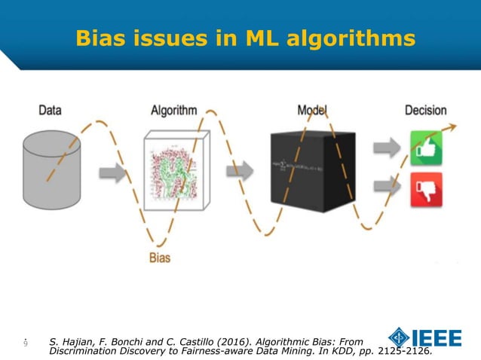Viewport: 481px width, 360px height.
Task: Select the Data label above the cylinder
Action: [x=50, y=111]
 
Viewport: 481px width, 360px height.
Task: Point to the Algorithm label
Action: [x=174, y=111]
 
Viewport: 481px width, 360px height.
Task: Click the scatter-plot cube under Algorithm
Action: [x=174, y=170]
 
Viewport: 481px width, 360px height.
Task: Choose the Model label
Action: [x=312, y=111]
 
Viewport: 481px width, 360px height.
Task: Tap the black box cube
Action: [x=312, y=172]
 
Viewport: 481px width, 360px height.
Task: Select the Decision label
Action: [x=425, y=111]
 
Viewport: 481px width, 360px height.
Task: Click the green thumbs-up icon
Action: [x=426, y=148]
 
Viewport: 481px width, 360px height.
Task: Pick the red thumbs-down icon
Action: [x=426, y=188]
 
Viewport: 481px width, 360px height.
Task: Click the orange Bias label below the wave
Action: [x=158, y=258]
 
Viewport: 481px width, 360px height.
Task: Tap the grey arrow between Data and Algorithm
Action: [x=112, y=174]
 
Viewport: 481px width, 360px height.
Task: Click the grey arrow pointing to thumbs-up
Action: [x=388, y=148]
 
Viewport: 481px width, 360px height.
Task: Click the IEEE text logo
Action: [x=437, y=338]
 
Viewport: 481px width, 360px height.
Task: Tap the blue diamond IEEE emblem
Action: [x=400, y=338]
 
